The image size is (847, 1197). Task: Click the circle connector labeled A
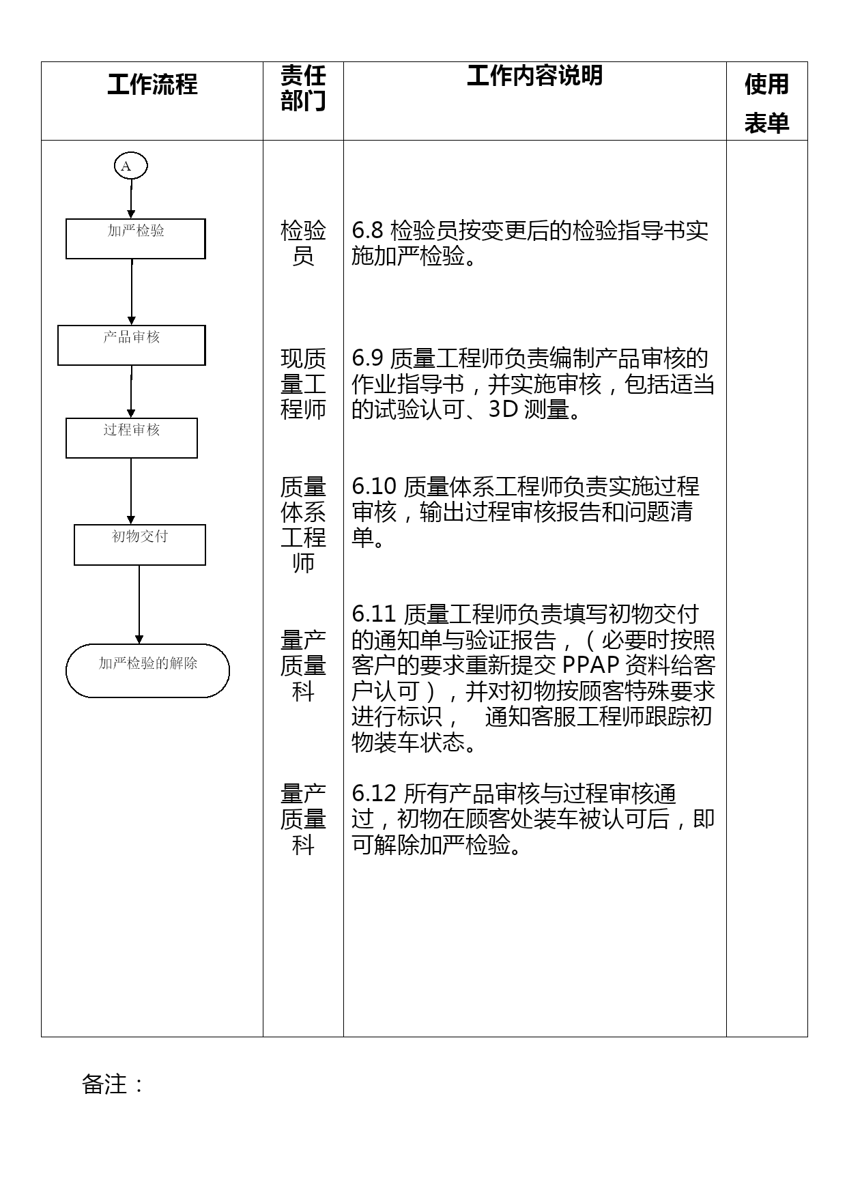click(130, 166)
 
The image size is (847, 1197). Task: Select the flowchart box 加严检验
click(135, 239)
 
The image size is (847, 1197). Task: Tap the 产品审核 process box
click(131, 345)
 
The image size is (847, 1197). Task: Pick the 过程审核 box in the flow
click(131, 438)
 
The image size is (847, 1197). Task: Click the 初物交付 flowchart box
click(139, 545)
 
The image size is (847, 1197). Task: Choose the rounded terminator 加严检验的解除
click(147, 670)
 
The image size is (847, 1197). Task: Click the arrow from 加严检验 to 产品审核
click(132, 292)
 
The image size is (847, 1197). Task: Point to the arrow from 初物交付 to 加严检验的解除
click(139, 604)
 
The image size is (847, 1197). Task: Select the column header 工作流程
click(152, 85)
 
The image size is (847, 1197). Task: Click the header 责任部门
click(303, 89)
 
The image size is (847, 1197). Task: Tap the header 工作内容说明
click(534, 76)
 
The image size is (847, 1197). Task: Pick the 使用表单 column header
click(766, 103)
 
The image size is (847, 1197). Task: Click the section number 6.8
click(369, 231)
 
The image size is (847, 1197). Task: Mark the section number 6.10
click(374, 487)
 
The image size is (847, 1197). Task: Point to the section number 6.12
click(374, 794)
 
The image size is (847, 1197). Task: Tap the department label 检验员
click(303, 243)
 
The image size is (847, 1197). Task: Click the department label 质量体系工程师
click(303, 525)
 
